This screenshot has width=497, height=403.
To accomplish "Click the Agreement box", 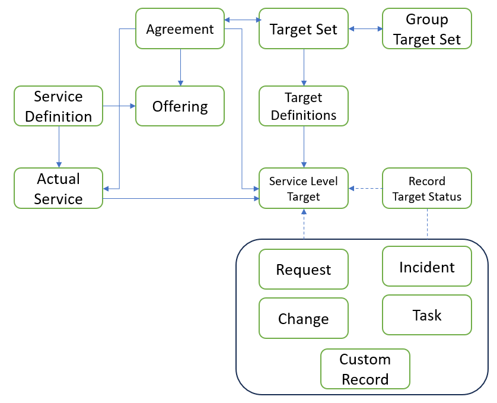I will pos(180,28).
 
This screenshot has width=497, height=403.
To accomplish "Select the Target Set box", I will pos(304,28).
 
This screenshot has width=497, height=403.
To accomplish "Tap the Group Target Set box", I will pos(426,28).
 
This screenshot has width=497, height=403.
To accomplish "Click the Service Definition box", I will pos(58,106).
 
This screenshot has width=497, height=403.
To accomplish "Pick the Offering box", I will pos(180,106).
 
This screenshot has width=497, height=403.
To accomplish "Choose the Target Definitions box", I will pos(304,106).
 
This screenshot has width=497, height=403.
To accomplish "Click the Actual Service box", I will pos(58,188).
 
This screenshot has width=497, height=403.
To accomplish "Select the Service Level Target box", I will pos(304,188).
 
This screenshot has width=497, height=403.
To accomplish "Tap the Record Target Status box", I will pos(426,188).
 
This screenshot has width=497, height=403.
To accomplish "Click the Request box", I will pos(304,269).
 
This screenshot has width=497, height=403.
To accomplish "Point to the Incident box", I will pos(426,267).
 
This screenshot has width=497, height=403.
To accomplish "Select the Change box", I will pos(304,319).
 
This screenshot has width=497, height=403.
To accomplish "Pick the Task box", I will pos(426,315).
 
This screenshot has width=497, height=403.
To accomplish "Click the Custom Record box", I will pos(365,369).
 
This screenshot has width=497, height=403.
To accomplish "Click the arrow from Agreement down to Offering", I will pos(180,67).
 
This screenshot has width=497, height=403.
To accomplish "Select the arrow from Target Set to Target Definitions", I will pos(304,67).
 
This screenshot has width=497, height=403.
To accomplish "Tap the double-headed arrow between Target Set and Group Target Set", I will pos(365,28).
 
